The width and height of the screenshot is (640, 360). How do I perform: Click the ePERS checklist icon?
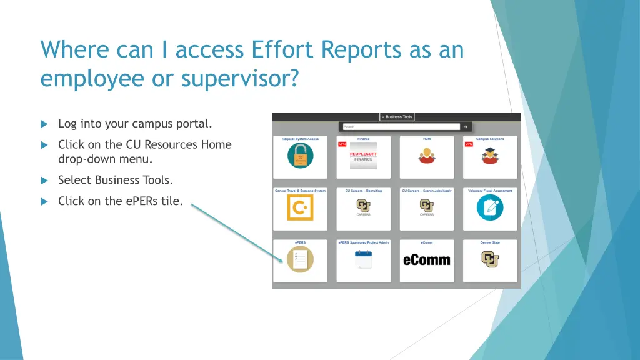pyautogui.click(x=300, y=259)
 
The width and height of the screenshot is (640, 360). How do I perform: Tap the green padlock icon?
pyautogui.click(x=300, y=156)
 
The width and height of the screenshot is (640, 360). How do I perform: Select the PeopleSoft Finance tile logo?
pyautogui.click(x=363, y=156)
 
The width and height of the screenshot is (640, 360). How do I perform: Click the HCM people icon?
pyautogui.click(x=427, y=156)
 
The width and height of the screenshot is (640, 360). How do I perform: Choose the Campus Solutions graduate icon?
pyautogui.click(x=490, y=156)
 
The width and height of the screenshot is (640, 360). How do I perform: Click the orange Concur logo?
pyautogui.click(x=300, y=207)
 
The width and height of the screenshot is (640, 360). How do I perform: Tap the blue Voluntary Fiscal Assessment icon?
pyautogui.click(x=490, y=207)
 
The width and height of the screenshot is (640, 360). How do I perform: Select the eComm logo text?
pyautogui.click(x=427, y=260)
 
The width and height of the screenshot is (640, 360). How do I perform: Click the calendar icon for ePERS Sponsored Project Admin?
pyautogui.click(x=363, y=259)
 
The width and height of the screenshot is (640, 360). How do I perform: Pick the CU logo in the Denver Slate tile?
pyautogui.click(x=490, y=259)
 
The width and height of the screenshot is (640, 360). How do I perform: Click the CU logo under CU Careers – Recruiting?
pyautogui.click(x=363, y=206)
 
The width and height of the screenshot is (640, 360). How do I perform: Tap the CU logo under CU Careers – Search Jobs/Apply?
pyautogui.click(x=427, y=206)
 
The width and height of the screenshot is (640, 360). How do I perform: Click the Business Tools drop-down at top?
pyautogui.click(x=397, y=117)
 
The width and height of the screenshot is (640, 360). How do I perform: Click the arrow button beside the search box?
pyautogui.click(x=465, y=126)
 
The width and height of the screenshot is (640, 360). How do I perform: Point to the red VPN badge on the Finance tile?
pyautogui.click(x=342, y=144)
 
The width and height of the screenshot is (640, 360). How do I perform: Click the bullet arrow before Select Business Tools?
pyautogui.click(x=44, y=181)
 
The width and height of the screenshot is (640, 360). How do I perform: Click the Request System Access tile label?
pyautogui.click(x=300, y=139)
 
